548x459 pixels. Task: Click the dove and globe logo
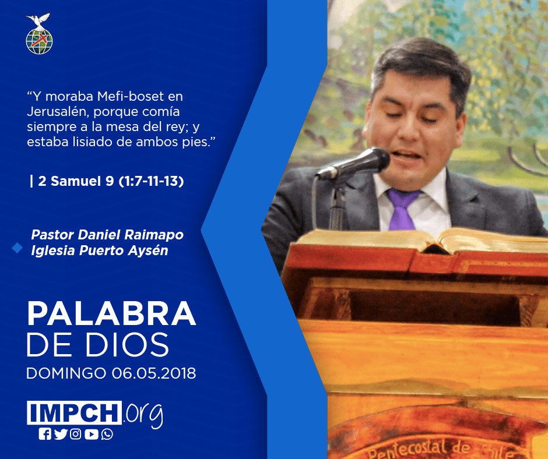tap(39, 34)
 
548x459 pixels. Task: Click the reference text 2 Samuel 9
tap(76, 181)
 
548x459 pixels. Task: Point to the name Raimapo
tap(154, 235)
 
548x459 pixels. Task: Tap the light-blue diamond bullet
tap(17, 248)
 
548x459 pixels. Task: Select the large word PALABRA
tap(111, 314)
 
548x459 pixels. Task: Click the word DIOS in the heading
tap(128, 344)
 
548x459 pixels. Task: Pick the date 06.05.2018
tap(154, 373)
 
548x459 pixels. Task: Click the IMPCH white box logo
tap(74, 412)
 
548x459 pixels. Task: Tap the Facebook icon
tap(45, 434)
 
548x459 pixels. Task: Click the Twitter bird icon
tap(61, 434)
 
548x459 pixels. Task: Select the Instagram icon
tap(75, 434)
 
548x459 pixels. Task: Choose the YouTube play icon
tap(91, 434)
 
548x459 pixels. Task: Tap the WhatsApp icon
tap(107, 434)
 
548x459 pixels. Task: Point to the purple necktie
tap(402, 209)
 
